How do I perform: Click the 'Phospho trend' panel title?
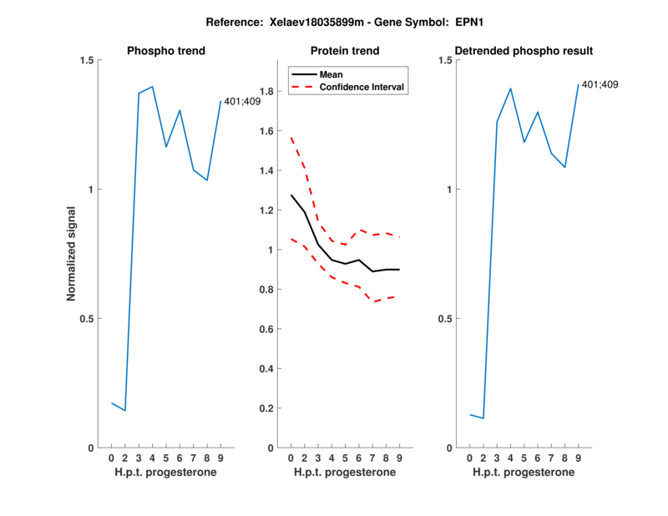pos(166,51)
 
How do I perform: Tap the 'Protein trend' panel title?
pos(345,51)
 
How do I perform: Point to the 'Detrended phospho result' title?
pos(524,51)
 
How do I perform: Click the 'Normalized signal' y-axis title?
pos(72,254)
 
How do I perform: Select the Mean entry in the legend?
pos(331,74)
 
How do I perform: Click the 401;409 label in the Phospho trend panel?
pos(242,102)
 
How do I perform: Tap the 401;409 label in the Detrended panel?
pos(600,85)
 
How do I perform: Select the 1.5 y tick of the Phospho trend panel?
pos(84,60)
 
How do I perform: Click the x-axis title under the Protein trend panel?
pos(345,473)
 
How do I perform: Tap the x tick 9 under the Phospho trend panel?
pos(220,458)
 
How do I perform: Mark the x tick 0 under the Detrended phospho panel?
pos(470,458)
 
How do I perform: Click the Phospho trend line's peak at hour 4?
pos(152,86)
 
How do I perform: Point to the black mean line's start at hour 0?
pos(291,195)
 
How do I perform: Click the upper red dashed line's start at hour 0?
pos(291,136)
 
